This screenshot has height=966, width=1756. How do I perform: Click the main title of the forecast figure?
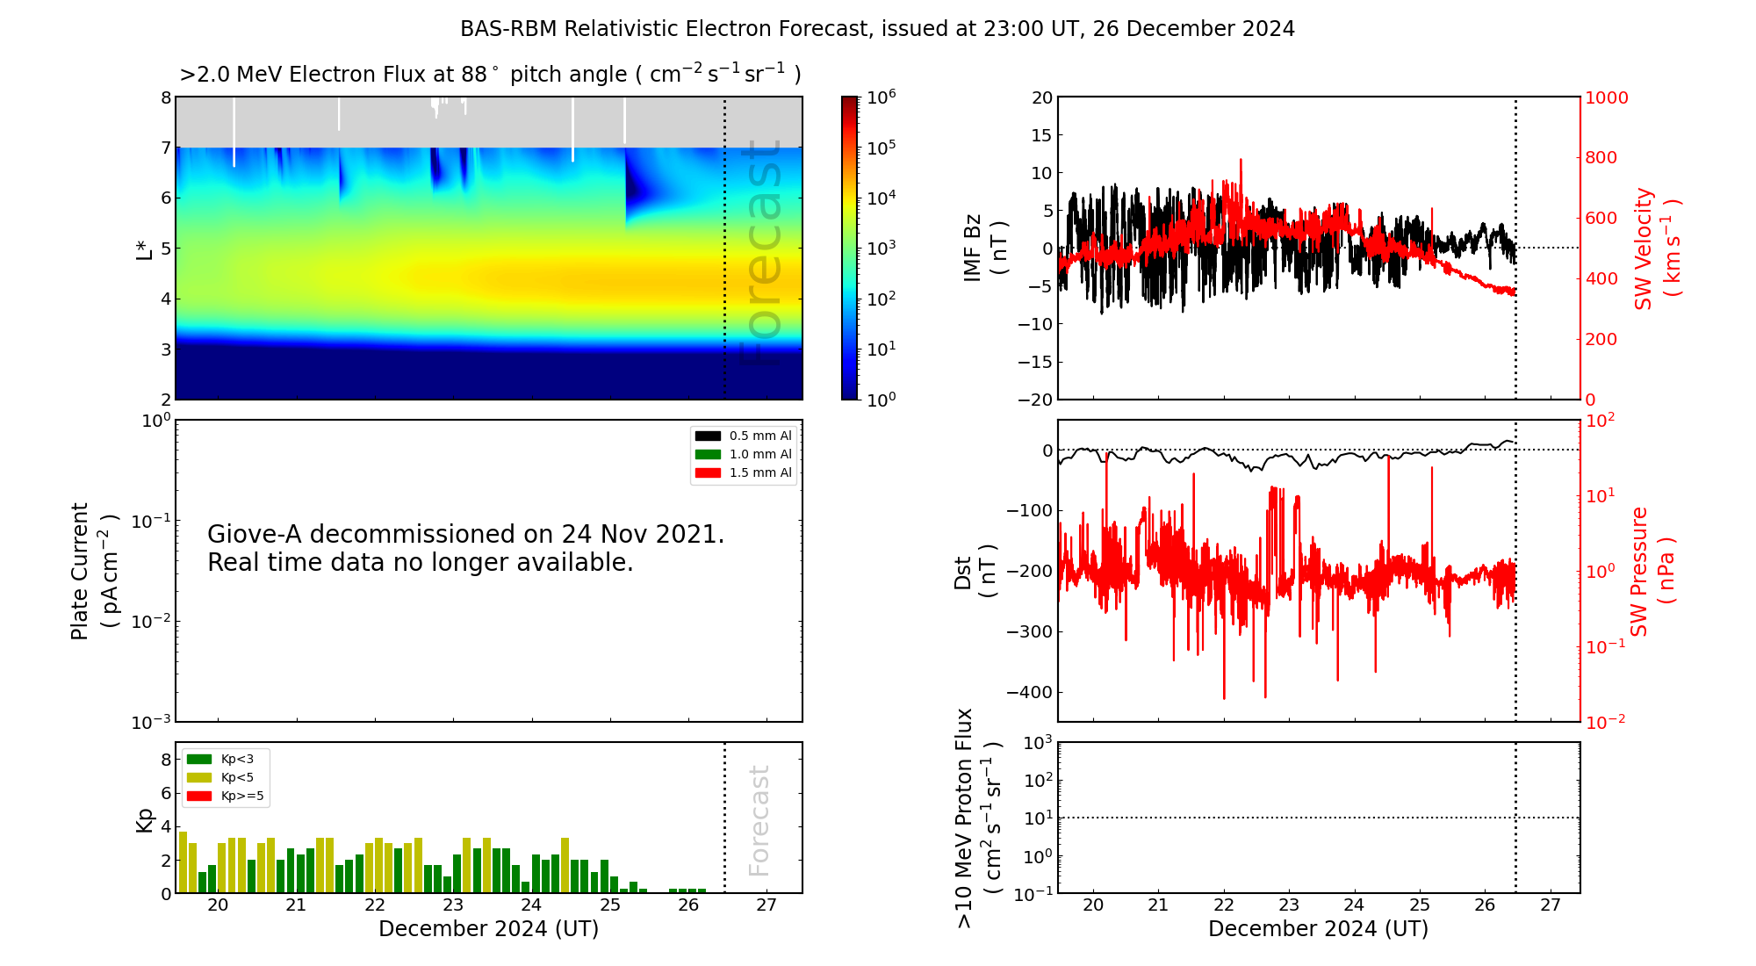(x=877, y=29)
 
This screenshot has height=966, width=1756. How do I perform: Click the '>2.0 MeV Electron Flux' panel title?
(x=490, y=75)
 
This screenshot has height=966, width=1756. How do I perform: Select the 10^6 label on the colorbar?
(x=882, y=97)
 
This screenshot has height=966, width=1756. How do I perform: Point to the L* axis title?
(x=145, y=248)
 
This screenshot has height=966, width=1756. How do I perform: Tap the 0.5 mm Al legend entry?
(x=743, y=436)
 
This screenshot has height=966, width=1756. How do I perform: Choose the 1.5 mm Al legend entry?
(x=743, y=473)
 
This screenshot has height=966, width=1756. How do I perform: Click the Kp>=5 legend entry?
(x=225, y=797)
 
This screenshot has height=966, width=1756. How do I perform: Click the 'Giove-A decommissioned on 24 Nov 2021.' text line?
(x=465, y=535)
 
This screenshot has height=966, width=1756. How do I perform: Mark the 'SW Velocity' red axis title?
(x=1644, y=249)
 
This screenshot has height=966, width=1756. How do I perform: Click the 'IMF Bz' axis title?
(x=973, y=248)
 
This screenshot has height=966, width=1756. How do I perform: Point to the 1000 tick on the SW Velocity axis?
(x=1606, y=97)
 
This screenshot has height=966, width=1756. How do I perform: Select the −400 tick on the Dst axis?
(x=1029, y=692)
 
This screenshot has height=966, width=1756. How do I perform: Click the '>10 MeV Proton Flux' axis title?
(x=965, y=818)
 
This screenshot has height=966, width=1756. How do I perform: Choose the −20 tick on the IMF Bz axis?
(x=1035, y=400)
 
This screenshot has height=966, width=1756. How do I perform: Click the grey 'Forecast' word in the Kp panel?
(x=759, y=820)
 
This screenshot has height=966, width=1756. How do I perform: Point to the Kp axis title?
(x=145, y=820)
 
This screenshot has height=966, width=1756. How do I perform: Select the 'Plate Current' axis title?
(x=80, y=571)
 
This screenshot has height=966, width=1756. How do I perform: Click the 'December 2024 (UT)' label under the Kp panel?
(x=488, y=929)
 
